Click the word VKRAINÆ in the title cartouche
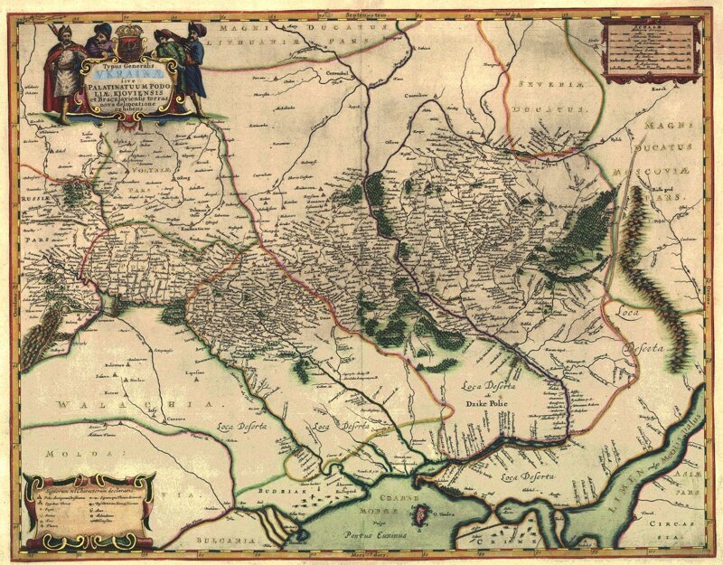114,78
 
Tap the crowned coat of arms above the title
126,44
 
